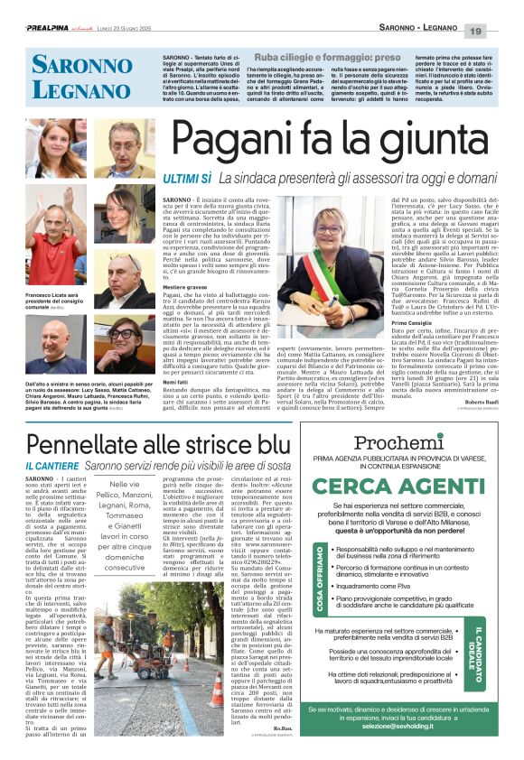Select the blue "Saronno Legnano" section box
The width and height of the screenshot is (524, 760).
71,78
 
